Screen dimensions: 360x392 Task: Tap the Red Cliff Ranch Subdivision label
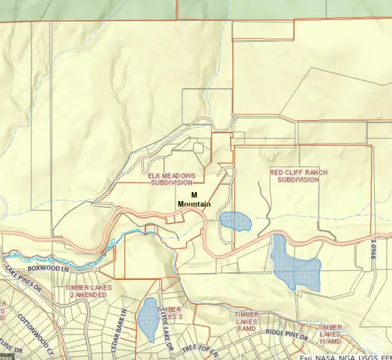298,175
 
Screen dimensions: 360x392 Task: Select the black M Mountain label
194,199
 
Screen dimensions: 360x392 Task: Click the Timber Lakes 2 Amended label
87,291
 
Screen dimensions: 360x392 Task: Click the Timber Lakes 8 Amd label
247,321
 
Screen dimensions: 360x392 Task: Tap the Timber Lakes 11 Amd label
330,334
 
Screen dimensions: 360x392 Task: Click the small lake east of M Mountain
234,221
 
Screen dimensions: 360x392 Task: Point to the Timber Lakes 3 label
173,312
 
